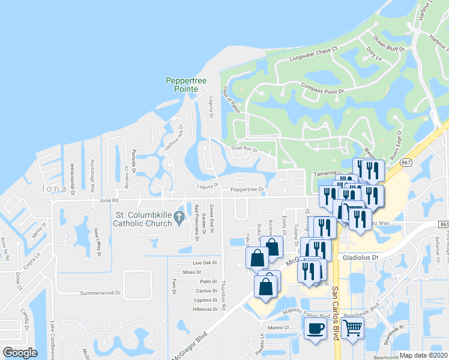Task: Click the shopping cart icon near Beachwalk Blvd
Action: pos(352,328)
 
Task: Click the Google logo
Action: pos(20,352)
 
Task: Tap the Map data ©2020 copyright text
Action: pos(424,355)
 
